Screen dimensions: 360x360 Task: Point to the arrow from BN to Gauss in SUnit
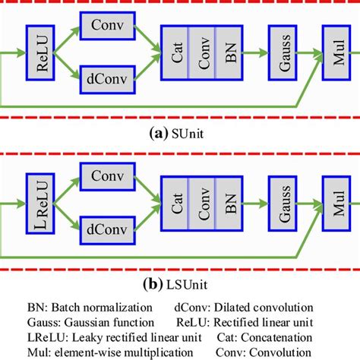click(x=256, y=53)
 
